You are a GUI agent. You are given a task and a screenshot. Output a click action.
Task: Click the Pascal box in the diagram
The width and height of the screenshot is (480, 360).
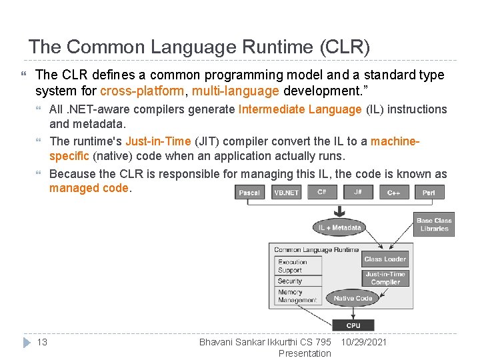point(249,193)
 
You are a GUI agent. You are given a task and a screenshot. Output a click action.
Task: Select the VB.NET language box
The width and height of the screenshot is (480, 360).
point(286,193)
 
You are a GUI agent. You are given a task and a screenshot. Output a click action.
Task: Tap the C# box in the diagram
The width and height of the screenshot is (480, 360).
point(322,193)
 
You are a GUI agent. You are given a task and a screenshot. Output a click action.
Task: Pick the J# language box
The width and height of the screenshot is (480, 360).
point(359,193)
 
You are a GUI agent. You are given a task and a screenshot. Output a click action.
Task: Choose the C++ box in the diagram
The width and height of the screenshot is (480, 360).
point(394,193)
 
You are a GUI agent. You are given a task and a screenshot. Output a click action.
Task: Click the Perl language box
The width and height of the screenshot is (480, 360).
point(429,193)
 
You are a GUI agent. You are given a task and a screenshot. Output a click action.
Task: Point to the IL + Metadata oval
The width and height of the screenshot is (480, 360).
point(339,227)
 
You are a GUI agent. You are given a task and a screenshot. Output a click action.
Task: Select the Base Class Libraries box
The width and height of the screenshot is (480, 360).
point(434,225)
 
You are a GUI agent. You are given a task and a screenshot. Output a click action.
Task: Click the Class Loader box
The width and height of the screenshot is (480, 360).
point(385,259)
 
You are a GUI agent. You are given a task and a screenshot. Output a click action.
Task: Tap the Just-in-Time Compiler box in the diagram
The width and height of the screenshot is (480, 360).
point(385,278)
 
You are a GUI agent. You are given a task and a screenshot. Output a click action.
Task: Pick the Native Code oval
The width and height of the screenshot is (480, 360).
point(353,298)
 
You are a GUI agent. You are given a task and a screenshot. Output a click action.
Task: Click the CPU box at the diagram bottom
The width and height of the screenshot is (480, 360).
point(353,325)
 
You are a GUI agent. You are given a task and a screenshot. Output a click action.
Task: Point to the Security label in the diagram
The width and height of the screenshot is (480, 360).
point(290,281)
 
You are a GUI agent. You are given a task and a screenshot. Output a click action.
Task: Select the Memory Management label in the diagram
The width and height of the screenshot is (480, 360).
point(297,296)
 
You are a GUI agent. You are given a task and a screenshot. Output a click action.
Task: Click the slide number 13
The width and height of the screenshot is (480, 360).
point(42,342)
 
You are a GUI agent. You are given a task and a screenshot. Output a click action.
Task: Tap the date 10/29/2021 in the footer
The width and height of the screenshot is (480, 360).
point(364,342)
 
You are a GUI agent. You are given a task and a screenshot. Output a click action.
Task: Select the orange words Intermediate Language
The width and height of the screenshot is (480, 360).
point(300,109)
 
